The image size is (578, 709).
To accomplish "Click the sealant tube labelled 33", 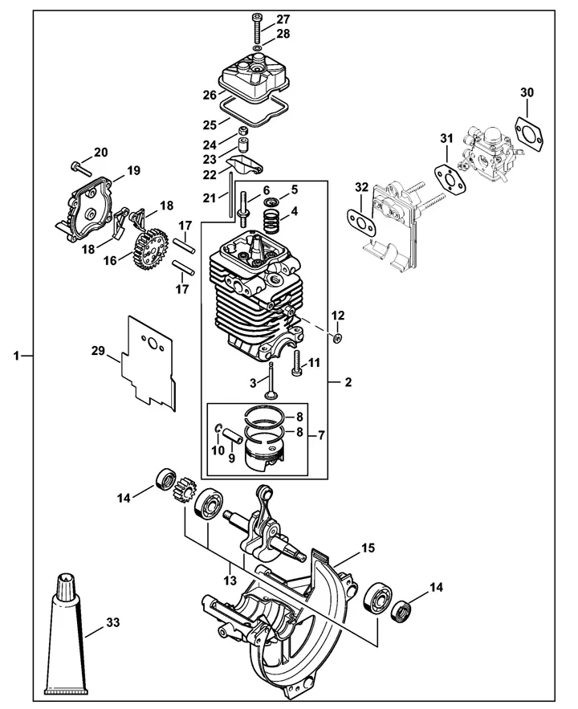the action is click(67, 638).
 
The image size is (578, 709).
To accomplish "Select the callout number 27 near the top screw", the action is click(283, 19).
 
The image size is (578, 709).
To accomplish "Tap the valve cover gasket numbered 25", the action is click(254, 111).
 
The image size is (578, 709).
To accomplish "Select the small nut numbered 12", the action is click(337, 337).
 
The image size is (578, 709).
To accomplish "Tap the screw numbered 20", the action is click(81, 168).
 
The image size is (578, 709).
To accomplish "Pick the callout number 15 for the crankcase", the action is click(368, 548).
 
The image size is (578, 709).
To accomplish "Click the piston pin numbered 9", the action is click(233, 435).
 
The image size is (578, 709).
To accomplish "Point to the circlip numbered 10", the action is click(218, 428).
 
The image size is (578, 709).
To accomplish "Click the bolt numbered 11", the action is click(296, 363).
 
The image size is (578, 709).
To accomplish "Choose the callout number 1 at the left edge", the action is click(17, 356).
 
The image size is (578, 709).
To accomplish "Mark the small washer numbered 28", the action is click(257, 47).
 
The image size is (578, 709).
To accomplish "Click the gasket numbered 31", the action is click(449, 180).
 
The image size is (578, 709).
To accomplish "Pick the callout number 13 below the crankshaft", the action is click(230, 581).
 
